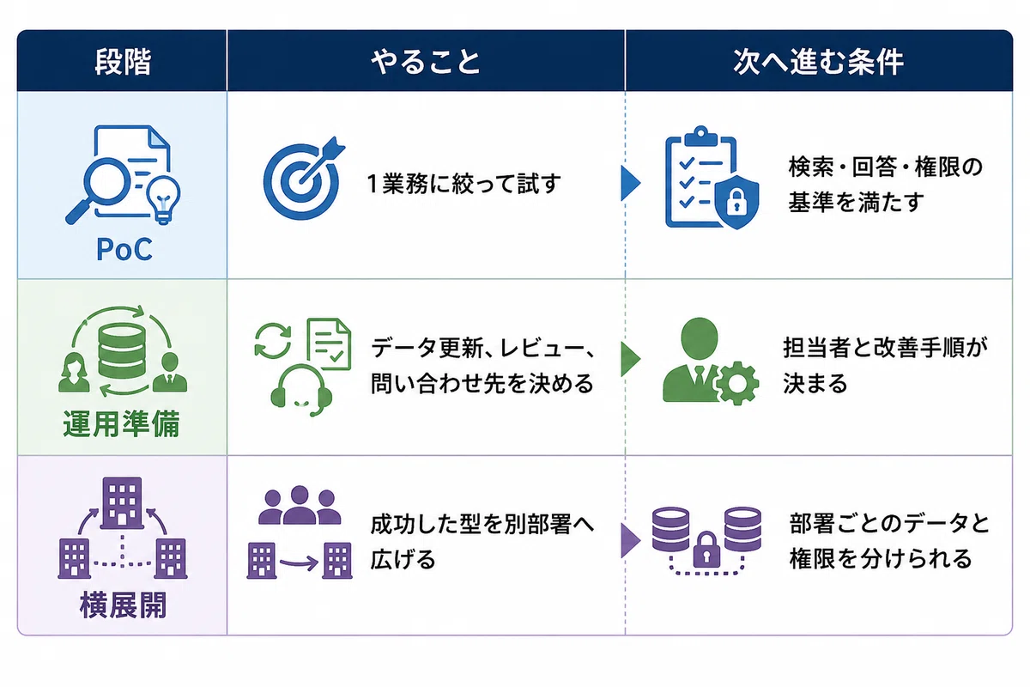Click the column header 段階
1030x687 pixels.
coord(123,61)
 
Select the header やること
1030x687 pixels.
coord(426,62)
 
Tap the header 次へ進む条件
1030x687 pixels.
coord(818,61)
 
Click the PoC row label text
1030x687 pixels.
coord(124,249)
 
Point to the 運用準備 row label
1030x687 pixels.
coord(121,423)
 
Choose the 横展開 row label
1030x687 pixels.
coord(123,605)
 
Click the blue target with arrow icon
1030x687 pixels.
coord(304,179)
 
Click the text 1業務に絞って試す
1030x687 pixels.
coord(464,183)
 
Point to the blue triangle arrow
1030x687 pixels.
coord(630,183)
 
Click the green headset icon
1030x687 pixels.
coord(301,390)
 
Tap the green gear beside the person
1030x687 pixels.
coord(737,383)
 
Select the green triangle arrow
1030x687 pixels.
coord(630,359)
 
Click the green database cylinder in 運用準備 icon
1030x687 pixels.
coord(122,350)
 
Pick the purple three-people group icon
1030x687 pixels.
coord(300,505)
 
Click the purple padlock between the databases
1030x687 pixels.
coord(706,550)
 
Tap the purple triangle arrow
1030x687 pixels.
coord(630,540)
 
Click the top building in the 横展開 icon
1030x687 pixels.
coord(122,503)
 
